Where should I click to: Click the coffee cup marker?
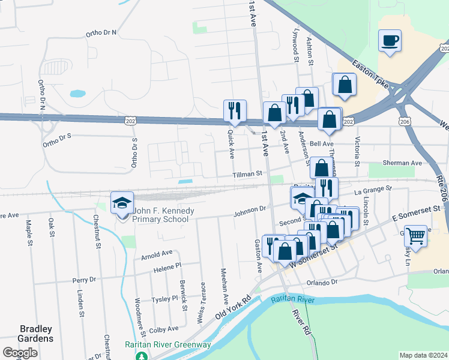click(x=390, y=41)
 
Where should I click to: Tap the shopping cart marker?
click(x=415, y=235)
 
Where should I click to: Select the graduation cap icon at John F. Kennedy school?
click(x=122, y=202)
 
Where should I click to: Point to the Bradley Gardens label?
click(x=36, y=334)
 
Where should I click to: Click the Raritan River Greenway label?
click(x=167, y=344)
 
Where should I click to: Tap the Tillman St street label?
click(x=249, y=174)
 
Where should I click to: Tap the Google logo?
click(x=20, y=353)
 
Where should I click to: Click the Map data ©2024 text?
click(x=423, y=355)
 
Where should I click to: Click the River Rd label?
click(x=302, y=322)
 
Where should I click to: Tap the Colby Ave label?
click(x=164, y=329)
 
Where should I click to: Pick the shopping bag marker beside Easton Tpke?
click(x=345, y=85)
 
